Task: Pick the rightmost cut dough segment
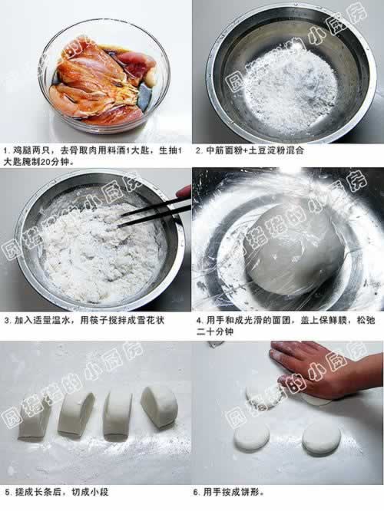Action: (x=160, y=407)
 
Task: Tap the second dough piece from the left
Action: (x=76, y=414)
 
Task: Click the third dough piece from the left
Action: (x=118, y=415)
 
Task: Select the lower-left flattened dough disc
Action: (x=252, y=437)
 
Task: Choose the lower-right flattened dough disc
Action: (x=321, y=439)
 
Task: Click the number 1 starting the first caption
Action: (x=5, y=151)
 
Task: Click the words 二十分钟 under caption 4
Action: (x=215, y=331)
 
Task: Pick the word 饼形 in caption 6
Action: (x=251, y=492)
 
